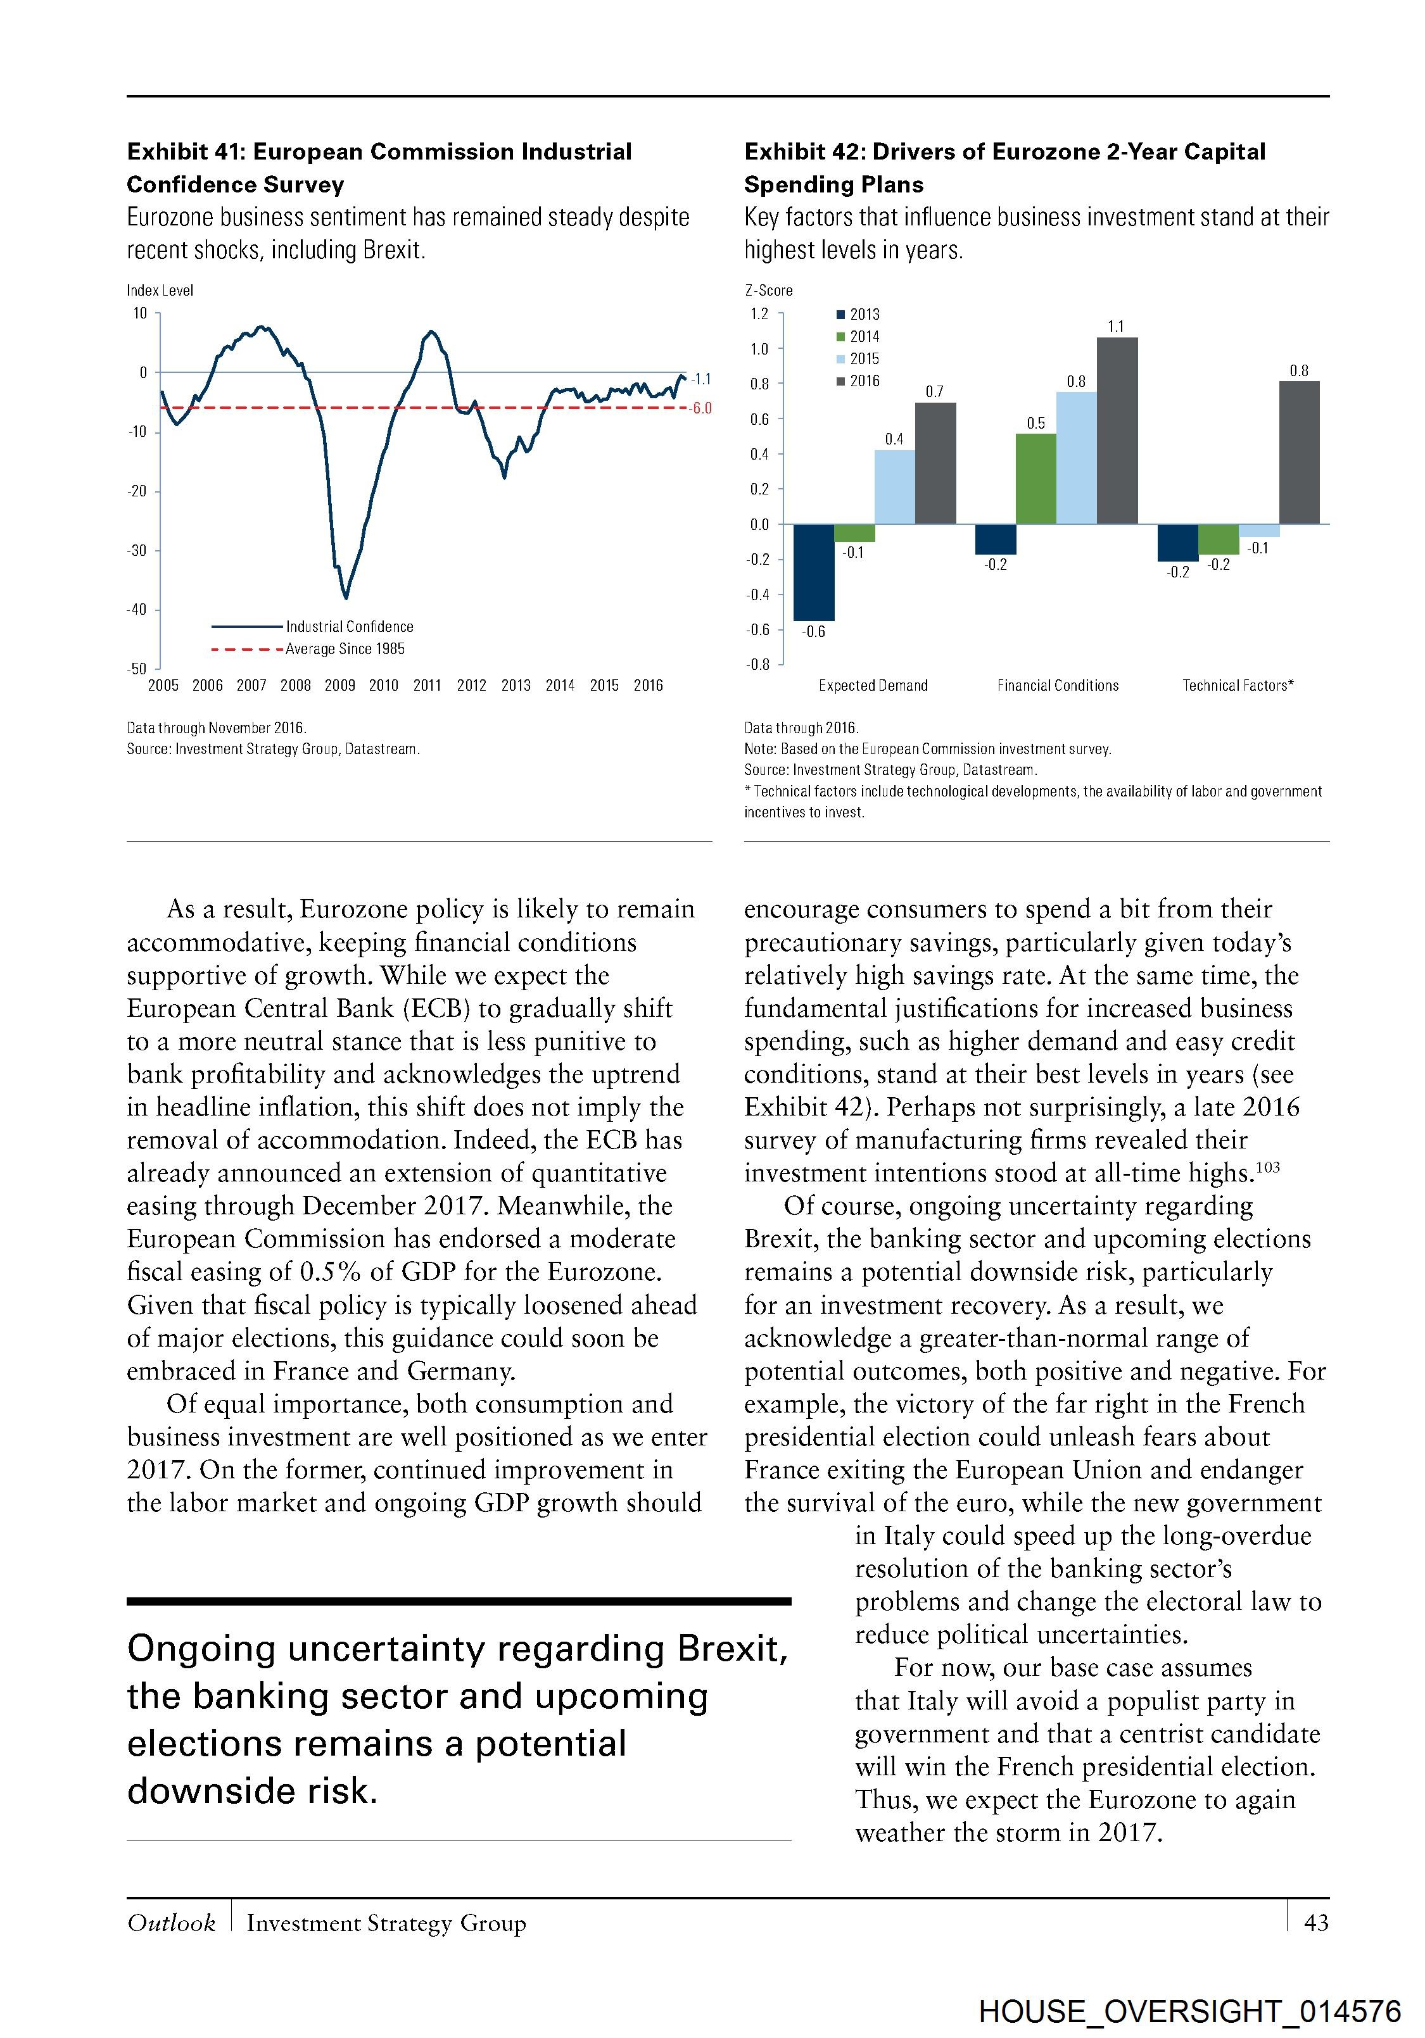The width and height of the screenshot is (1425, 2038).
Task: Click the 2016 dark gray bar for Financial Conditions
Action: (x=1117, y=431)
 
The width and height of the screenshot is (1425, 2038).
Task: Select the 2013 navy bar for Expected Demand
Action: (x=813, y=572)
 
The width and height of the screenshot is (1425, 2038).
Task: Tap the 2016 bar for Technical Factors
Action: (x=1299, y=453)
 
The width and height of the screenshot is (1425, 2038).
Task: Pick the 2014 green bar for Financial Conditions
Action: (x=1035, y=479)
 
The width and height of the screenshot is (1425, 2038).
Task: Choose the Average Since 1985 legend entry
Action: (x=345, y=649)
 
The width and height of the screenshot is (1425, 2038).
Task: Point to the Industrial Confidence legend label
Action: (x=349, y=627)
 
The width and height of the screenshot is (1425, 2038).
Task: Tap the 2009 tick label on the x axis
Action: (x=339, y=685)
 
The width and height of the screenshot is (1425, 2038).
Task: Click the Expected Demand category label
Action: (x=873, y=685)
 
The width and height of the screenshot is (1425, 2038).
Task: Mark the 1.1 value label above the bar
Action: (x=1116, y=327)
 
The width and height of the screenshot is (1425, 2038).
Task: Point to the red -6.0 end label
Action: (x=700, y=409)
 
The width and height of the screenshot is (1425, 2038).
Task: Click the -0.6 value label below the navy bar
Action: (x=813, y=632)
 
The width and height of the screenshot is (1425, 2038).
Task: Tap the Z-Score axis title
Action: (x=768, y=290)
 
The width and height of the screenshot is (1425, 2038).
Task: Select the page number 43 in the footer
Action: (x=1316, y=1923)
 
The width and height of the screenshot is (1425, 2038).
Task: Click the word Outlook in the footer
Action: (x=170, y=1923)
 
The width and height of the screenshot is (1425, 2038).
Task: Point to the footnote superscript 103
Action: (x=1268, y=1167)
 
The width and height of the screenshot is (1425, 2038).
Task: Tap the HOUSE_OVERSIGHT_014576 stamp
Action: (x=1190, y=2011)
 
